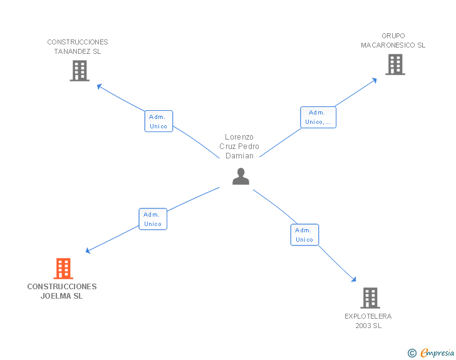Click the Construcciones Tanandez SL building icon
(80, 71)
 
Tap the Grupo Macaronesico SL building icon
(395, 64)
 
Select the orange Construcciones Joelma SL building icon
(63, 269)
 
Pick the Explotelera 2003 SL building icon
(370, 298)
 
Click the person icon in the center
(241, 177)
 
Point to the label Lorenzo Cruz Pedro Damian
(239, 147)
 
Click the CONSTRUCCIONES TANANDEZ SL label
(78, 47)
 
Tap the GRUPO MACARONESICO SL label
(393, 41)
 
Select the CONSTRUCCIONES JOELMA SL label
(62, 291)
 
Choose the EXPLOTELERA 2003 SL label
(368, 321)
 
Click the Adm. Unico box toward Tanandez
(158, 121)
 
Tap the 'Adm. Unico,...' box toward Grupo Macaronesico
(318, 117)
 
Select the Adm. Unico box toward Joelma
(153, 219)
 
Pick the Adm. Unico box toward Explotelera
(304, 235)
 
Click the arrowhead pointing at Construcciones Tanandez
(99, 86)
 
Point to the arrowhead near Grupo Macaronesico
(374, 80)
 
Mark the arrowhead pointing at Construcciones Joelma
(88, 251)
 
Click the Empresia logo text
(437, 353)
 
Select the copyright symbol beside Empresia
(412, 354)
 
